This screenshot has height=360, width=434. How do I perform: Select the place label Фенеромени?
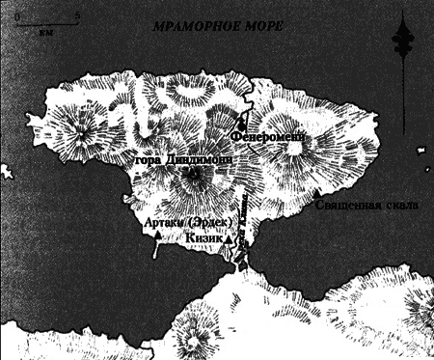point(273,137)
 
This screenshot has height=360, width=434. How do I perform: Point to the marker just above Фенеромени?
point(241,125)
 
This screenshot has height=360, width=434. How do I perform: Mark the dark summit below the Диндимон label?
point(196,178)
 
